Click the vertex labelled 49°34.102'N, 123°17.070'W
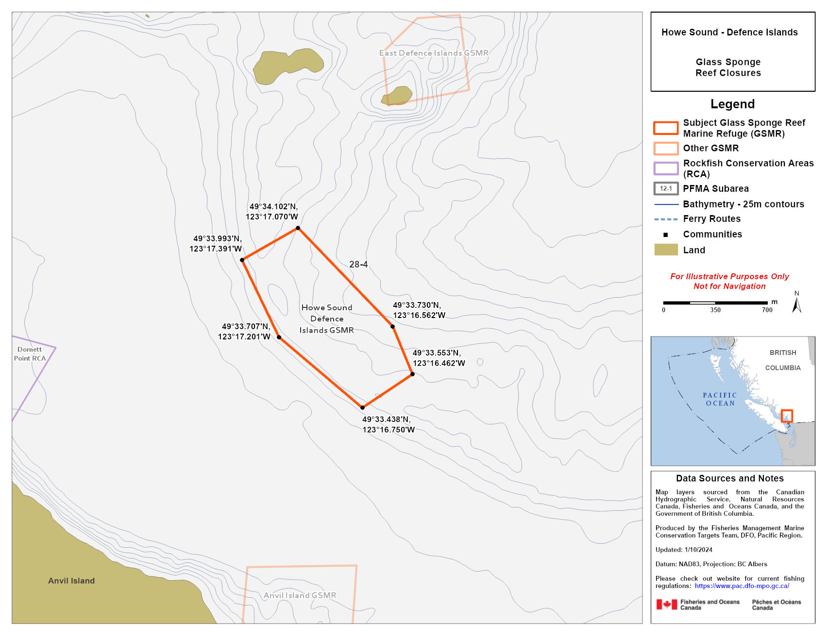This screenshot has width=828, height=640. point(298,228)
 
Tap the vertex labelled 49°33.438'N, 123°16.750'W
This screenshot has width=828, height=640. point(362,407)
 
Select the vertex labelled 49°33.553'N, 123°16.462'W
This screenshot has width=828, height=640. point(412,374)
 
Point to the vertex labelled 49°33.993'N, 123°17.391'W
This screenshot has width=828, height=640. point(242,260)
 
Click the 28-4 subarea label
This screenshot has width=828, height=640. point(358,265)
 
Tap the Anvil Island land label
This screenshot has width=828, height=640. point(71,581)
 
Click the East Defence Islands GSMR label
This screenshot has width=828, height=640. point(434,53)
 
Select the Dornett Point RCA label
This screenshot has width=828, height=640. point(30,354)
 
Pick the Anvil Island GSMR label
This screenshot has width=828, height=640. point(300,595)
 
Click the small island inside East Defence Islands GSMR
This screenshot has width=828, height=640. point(398,96)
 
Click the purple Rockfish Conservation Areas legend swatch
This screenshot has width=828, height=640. point(666,168)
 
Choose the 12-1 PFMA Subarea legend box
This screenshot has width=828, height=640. point(666,188)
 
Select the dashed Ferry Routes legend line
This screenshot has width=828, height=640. point(666,219)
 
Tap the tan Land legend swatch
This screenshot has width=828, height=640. point(666,250)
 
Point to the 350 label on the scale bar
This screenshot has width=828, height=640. point(715,310)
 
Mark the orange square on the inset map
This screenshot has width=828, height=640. point(787,416)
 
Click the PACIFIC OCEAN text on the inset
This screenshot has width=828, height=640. point(720,399)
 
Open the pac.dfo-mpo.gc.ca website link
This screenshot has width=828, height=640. point(742,586)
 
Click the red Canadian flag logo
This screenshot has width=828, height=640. point(667,605)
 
